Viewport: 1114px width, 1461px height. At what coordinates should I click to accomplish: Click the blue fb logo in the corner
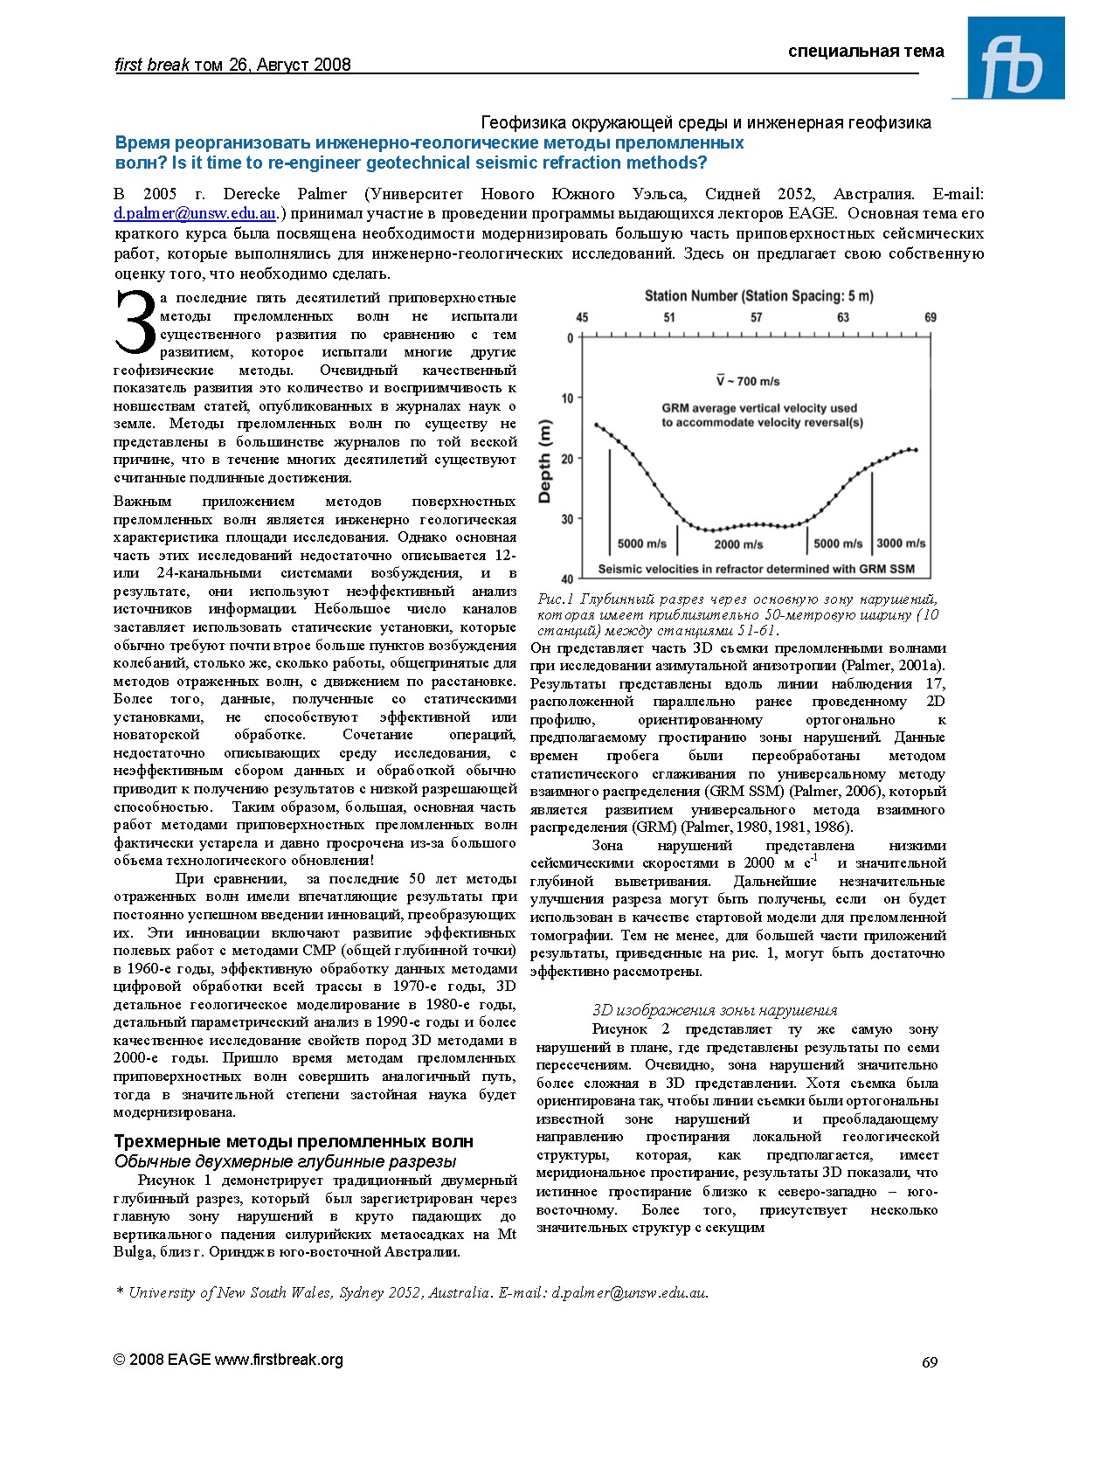tap(1008, 58)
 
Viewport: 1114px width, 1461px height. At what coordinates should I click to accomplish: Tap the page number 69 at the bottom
tap(930, 1362)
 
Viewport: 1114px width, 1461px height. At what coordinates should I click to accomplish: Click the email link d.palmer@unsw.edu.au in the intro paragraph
tap(196, 213)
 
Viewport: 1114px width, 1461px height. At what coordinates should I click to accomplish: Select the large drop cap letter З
tap(135, 323)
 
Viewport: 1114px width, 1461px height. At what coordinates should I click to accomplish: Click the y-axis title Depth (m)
tap(545, 461)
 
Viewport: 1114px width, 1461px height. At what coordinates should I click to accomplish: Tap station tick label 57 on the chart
tap(756, 318)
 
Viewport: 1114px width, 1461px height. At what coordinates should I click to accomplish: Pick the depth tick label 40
tap(567, 579)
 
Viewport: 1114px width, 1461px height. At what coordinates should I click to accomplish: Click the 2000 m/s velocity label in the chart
tap(738, 544)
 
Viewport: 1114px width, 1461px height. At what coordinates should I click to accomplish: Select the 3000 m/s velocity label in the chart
tap(901, 544)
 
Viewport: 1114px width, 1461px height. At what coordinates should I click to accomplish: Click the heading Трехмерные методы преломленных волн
tap(294, 1141)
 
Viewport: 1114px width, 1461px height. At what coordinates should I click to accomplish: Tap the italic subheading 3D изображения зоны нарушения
tap(715, 1010)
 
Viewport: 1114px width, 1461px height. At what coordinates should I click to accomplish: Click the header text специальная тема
tap(866, 52)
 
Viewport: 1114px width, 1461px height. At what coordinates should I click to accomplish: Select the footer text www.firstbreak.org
tap(279, 1360)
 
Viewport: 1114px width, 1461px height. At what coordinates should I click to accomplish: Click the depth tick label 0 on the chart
tap(571, 339)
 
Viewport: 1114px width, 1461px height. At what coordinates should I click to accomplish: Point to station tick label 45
tap(582, 318)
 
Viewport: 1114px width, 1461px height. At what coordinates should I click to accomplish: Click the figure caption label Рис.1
tap(555, 599)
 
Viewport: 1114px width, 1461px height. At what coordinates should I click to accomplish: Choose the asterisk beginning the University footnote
tap(120, 1291)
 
